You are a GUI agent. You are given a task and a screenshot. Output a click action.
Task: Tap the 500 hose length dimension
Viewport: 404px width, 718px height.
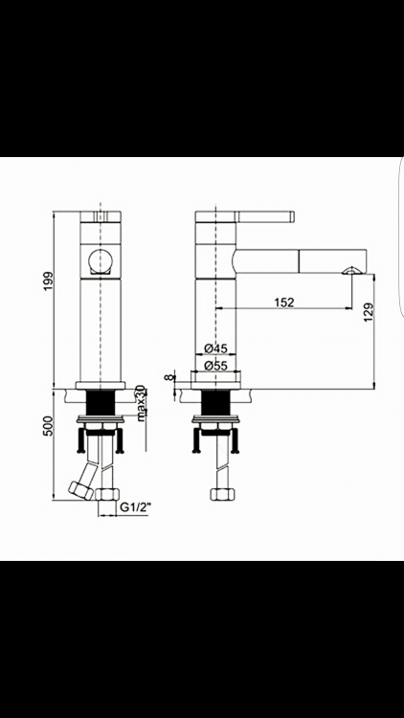49,428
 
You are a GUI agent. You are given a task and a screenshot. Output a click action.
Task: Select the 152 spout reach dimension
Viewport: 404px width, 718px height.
284,303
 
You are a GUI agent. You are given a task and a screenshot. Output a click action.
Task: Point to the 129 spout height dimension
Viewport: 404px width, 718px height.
370,312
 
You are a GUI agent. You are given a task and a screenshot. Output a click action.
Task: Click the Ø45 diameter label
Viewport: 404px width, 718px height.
215,348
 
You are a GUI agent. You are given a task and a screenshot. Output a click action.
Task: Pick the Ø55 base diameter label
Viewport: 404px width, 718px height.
215,366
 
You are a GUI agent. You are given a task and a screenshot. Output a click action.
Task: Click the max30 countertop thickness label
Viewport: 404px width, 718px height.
141,402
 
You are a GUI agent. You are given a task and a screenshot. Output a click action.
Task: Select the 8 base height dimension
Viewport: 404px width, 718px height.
170,377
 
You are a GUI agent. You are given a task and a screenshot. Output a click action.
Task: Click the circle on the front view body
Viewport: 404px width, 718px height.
101,261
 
